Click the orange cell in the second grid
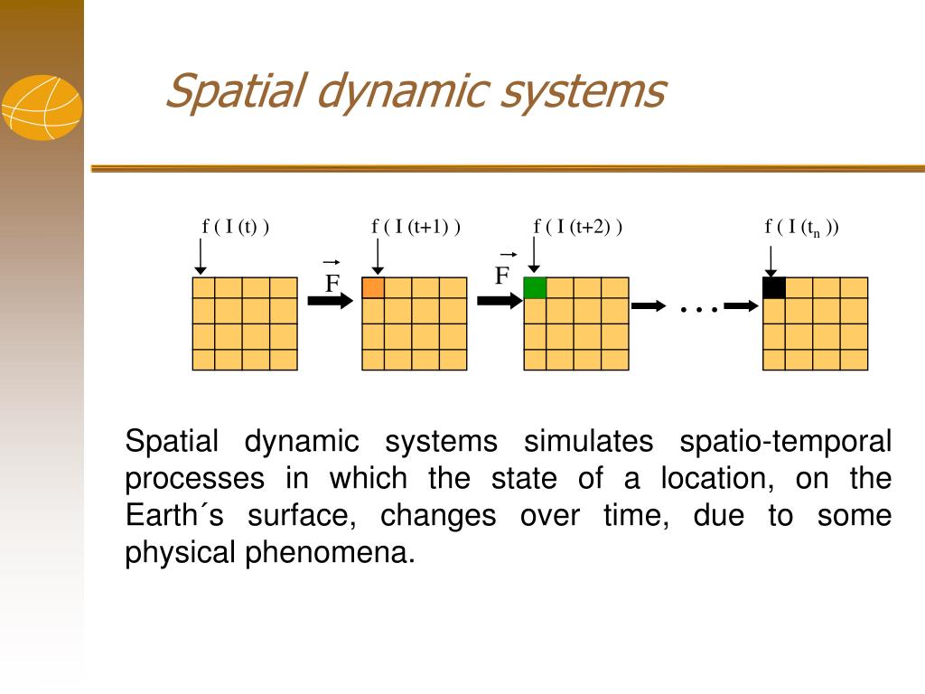coord(373,288)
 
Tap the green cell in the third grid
coord(535,288)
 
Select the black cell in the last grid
coord(774,288)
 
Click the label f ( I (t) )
coord(236,227)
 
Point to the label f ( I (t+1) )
coord(416,227)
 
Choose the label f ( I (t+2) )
coord(578,227)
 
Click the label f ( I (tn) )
coord(802,228)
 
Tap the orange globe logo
coord(42,108)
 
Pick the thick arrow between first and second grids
coord(331,301)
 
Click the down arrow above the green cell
coord(535,258)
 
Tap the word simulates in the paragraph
coord(588,442)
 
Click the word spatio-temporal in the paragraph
coord(785,442)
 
